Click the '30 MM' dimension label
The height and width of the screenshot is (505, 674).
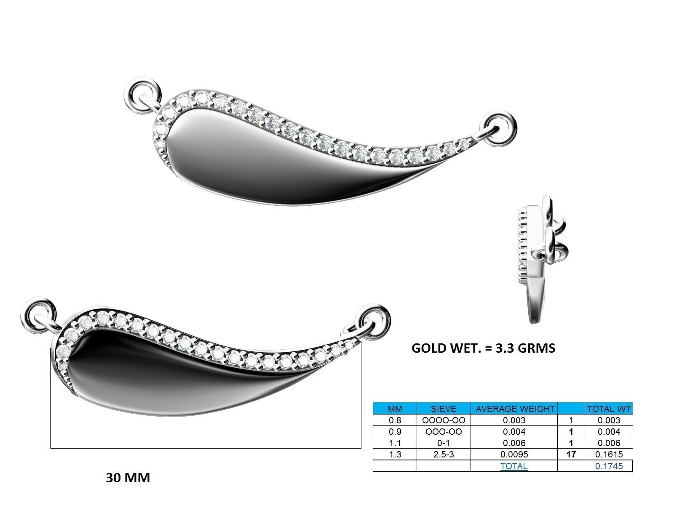pos(128,478)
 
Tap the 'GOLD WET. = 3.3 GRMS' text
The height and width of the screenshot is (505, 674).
pos(483,348)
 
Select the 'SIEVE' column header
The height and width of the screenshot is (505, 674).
pos(443,409)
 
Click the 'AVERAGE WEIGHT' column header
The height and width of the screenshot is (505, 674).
pos(514,409)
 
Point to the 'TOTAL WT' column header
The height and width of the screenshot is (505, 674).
pos(609,409)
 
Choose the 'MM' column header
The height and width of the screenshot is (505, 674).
pos(395,409)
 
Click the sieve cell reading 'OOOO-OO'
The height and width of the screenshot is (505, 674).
pos(443,420)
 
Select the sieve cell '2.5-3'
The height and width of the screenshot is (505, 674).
pos(443,454)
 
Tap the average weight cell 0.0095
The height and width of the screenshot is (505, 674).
pos(514,454)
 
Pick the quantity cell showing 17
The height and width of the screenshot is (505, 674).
pos(571,454)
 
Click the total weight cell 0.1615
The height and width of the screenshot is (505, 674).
pos(609,454)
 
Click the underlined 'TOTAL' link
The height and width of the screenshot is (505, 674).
pos(514,466)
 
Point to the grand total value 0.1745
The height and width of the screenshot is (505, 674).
pos(609,466)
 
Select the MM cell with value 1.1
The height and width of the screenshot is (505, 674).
pos(395,443)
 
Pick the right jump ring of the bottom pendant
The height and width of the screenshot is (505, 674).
pos(374,320)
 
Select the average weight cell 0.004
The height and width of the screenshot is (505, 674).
pos(514,431)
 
